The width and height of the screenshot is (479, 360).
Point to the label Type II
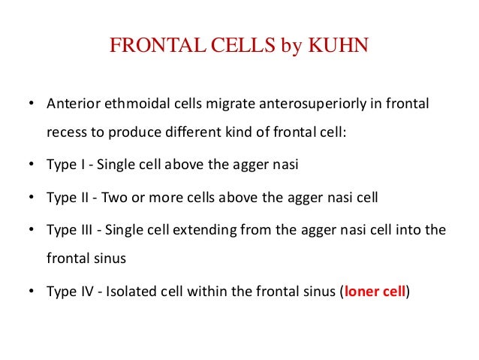[65, 198]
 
